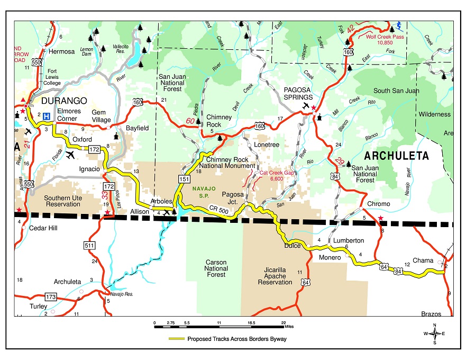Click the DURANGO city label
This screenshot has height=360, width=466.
pos(61,101)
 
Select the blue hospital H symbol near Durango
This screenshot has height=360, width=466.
pos(47,116)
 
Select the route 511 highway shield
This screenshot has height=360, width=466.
pos(89,245)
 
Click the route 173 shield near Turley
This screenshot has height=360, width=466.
pos(50,296)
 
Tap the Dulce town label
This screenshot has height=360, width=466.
pos(292,246)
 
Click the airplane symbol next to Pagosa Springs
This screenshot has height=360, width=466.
pos(305,106)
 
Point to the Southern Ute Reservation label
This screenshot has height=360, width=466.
pos(62,200)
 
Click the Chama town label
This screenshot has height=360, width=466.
pos(423,260)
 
